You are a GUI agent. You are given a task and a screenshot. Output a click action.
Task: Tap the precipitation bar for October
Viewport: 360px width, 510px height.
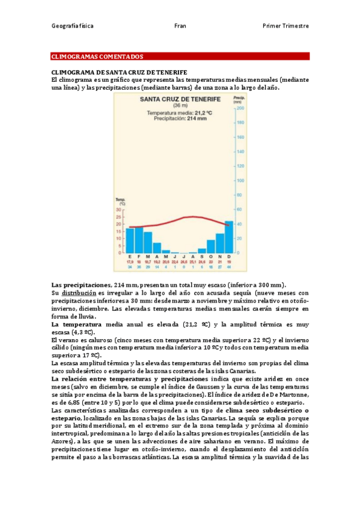point(210,246)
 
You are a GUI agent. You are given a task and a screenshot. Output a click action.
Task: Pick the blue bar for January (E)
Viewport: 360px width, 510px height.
point(130,240)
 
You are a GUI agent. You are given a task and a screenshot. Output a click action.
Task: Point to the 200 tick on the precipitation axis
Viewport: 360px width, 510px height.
point(241,109)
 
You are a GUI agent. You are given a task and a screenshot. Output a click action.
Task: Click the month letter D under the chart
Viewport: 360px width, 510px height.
point(228,257)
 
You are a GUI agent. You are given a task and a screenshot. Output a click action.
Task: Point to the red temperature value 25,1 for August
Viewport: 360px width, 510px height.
point(192,262)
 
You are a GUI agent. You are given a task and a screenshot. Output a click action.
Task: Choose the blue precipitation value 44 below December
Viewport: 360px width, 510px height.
point(228,267)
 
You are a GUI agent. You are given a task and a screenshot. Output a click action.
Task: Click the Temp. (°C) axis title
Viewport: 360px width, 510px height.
point(120,201)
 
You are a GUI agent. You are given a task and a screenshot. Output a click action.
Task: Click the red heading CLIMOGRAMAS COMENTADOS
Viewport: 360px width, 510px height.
point(96,57)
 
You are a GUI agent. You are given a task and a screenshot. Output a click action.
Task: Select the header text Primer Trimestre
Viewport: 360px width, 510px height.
point(285,26)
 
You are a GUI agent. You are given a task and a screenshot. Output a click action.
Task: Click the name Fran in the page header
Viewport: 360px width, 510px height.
point(180,26)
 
